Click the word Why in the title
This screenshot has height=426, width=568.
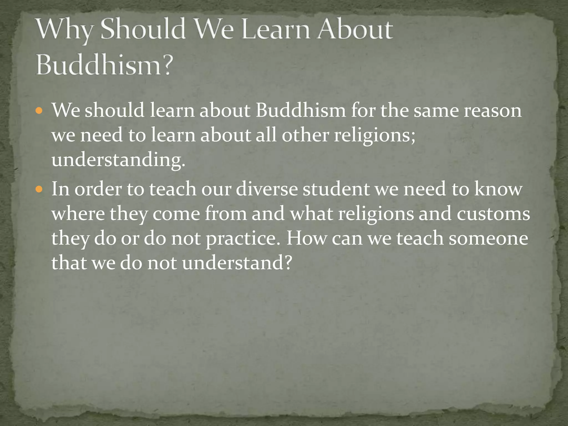tap(64, 30)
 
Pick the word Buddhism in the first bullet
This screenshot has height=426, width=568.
tap(301, 110)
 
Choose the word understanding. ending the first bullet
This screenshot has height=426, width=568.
tap(118, 160)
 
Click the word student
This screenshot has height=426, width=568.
tap(336, 189)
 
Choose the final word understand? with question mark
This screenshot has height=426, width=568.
tap(237, 263)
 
